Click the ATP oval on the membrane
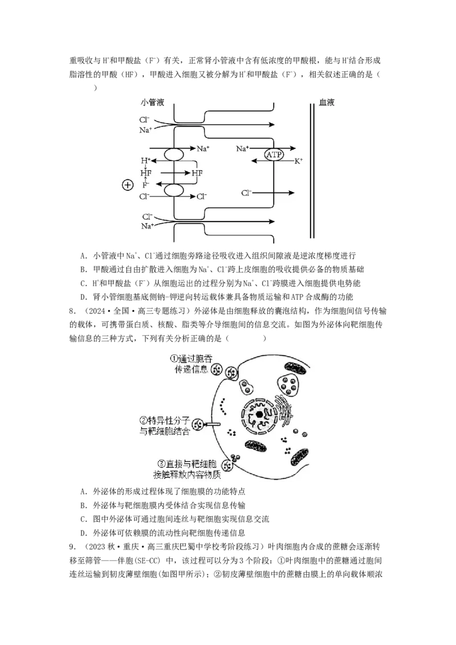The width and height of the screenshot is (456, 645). click(274, 154)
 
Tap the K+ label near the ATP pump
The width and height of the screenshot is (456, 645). click(298, 161)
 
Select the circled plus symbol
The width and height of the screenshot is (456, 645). click(128, 185)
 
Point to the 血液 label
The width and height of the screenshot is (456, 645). click(327, 102)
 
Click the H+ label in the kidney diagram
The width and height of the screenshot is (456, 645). click(146, 161)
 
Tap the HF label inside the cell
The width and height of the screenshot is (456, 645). click(197, 173)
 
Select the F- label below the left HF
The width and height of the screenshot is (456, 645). click(146, 185)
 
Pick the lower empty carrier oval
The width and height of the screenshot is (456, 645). click(174, 190)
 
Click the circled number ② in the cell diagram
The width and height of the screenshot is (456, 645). click(144, 421)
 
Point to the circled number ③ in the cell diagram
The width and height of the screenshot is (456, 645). click(161, 464)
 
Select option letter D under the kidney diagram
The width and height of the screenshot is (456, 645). click(84, 297)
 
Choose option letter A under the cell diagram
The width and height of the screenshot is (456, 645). click(84, 492)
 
